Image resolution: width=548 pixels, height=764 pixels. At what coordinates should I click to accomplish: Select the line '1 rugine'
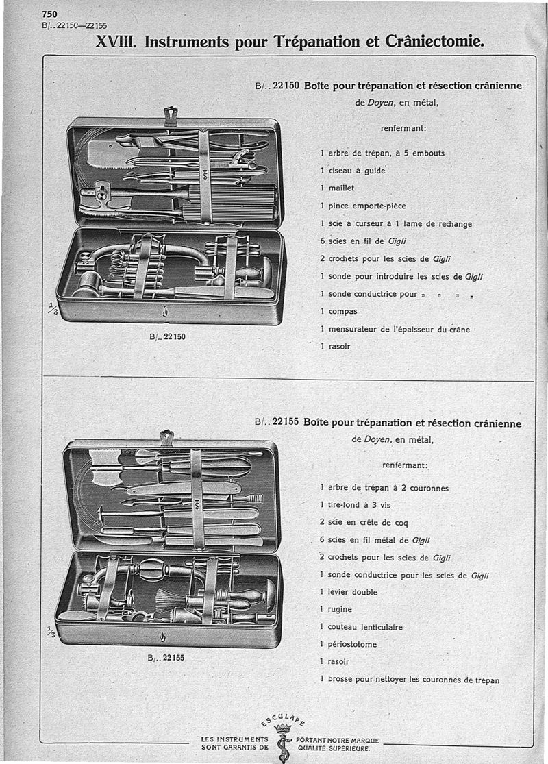(x=336, y=609)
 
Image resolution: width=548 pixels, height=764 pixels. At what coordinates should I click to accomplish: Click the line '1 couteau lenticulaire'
(x=361, y=627)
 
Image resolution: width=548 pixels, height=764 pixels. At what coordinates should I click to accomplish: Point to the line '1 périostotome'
(x=348, y=644)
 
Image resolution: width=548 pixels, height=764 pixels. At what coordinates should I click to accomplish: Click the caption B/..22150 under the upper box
(x=167, y=336)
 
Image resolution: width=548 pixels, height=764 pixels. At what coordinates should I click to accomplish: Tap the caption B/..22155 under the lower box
(x=166, y=657)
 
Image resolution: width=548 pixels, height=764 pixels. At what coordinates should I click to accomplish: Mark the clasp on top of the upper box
(x=171, y=114)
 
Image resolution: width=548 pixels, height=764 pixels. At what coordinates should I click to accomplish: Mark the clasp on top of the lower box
(x=166, y=436)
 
